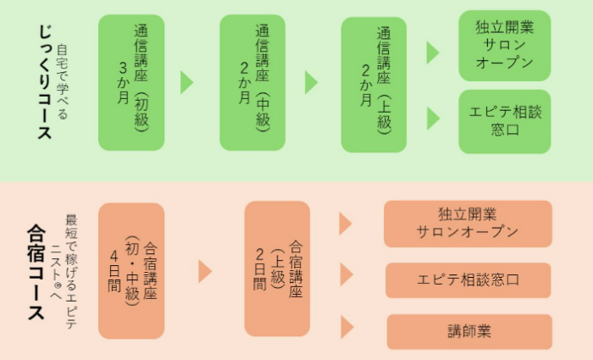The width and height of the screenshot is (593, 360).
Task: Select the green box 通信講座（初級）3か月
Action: point(131,82)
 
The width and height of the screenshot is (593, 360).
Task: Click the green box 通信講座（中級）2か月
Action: point(252,82)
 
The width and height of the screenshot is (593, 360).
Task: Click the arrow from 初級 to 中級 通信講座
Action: point(187,82)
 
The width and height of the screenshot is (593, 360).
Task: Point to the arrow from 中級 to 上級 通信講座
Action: point(311,82)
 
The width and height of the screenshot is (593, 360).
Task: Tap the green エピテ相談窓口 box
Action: point(505,121)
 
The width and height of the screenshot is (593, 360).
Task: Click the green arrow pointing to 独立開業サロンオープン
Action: point(433,53)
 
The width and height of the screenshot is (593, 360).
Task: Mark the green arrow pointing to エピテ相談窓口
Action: point(433,118)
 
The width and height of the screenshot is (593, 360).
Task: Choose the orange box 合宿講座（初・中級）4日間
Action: point(131,269)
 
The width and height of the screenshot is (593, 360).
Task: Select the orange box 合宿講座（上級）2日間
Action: point(277,269)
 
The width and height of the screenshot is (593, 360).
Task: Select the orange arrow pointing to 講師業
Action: point(346,327)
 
